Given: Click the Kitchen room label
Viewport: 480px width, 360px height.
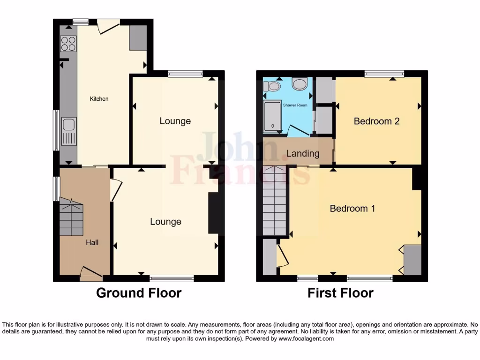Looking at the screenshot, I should pos(99,99).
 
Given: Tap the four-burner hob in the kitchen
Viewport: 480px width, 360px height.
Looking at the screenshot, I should pos(68,43).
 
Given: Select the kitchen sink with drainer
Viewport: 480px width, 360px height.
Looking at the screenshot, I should pos(68,130).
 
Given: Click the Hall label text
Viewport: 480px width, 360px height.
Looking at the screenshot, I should pos(92,242).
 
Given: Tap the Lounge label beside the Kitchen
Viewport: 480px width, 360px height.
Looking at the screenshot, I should pos(175,121).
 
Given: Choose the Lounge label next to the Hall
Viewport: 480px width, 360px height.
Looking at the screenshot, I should pos(165,222).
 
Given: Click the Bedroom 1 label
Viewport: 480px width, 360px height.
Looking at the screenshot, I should pos(352,209).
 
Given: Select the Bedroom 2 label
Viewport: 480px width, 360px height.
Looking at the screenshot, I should pos(376,121).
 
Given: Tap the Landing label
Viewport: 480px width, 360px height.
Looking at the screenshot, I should pos(302,153).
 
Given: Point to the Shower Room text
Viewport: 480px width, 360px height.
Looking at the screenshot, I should pos(295,105).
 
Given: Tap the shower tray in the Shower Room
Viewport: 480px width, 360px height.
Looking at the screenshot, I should pos(272,116).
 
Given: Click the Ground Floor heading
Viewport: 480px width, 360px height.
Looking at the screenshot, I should pos(139,293).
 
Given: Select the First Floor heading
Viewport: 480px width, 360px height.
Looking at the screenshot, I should pos(340,293).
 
